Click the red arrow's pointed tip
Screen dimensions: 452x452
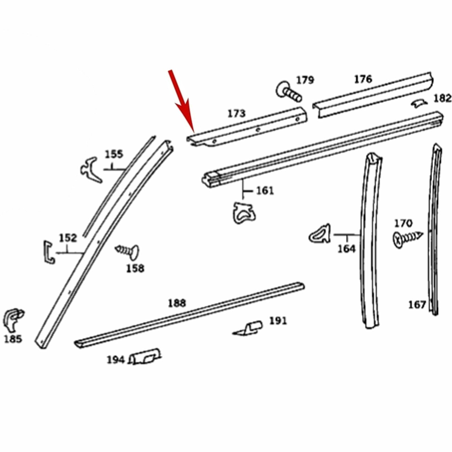coord(193,132)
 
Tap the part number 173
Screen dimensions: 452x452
coord(237,114)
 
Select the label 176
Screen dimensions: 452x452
coord(363,79)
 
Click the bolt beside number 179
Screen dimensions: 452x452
coord(288,92)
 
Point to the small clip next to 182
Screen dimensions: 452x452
coord(419,104)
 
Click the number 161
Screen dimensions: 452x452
coord(265,191)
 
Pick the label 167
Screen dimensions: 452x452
coord(417,305)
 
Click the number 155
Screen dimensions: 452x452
coord(114,155)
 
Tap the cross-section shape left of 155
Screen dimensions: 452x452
coord(91,170)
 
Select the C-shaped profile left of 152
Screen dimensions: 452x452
coord(49,252)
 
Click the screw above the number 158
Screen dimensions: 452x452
coord(128,251)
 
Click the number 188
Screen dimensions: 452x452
coord(177,303)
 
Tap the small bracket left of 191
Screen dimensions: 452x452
coord(248,329)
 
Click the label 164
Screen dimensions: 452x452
coord(346,249)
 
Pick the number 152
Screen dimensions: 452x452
coord(68,238)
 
